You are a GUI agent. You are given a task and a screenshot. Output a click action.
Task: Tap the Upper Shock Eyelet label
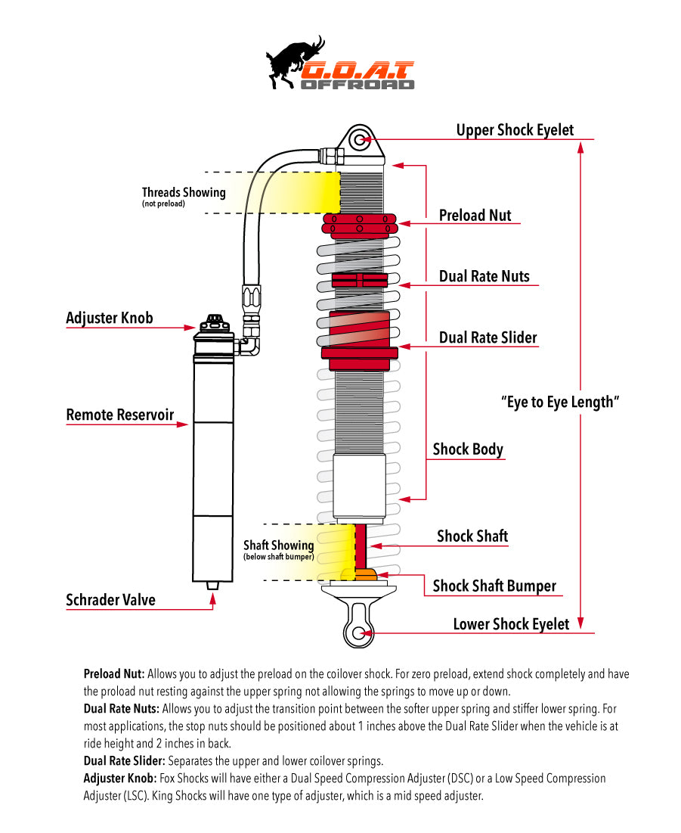pyautogui.click(x=515, y=130)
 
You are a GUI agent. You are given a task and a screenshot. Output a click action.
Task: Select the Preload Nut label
pyautogui.click(x=475, y=216)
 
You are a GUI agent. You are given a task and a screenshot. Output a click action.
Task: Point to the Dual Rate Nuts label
pyautogui.click(x=484, y=277)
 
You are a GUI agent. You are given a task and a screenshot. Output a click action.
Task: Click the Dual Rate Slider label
pyautogui.click(x=488, y=337)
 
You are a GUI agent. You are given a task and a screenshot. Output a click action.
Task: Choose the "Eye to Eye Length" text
pyautogui.click(x=560, y=402)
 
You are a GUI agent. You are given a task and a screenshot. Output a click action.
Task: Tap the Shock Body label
pyautogui.click(x=468, y=449)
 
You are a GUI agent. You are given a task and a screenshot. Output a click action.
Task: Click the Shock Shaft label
pyautogui.click(x=472, y=536)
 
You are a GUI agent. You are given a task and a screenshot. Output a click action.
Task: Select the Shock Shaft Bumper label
pyautogui.click(x=494, y=586)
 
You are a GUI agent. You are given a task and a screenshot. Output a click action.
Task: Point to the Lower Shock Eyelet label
pyautogui.click(x=511, y=624)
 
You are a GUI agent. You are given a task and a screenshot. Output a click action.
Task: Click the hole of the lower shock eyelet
pyautogui.click(x=358, y=633)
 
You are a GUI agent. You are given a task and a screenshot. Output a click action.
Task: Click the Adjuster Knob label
pyautogui.click(x=110, y=318)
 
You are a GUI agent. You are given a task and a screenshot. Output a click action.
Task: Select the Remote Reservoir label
pyautogui.click(x=120, y=415)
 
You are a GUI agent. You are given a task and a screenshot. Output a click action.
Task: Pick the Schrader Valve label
pyautogui.click(x=111, y=600)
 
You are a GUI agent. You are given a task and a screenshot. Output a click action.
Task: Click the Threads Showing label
pyautogui.click(x=184, y=193)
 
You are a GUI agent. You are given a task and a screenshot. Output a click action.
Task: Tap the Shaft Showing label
pyautogui.click(x=278, y=545)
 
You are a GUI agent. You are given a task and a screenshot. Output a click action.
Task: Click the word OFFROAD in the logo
pyautogui.click(x=358, y=85)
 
